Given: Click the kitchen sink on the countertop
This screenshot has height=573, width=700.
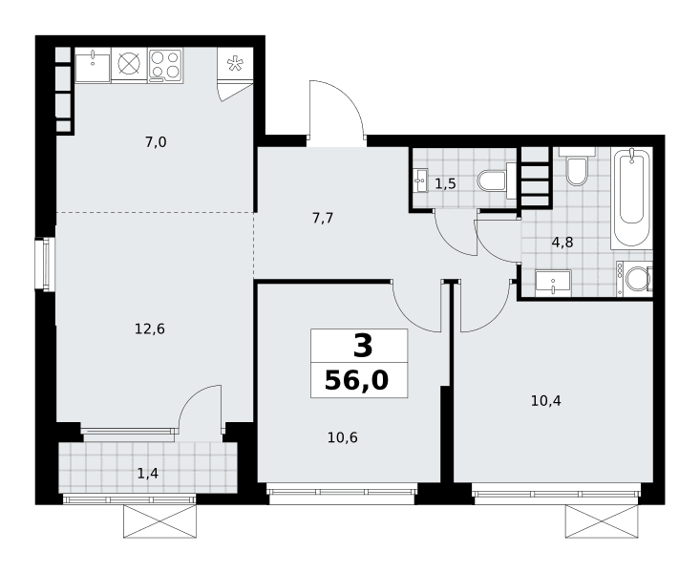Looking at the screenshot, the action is (93, 66).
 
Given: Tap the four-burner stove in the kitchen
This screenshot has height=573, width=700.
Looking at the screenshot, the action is (165, 65).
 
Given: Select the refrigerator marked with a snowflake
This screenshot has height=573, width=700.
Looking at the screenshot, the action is (235, 64).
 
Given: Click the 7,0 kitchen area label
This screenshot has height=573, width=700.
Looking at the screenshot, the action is (156, 142).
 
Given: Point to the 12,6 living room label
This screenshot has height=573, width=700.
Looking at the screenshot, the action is (150, 329).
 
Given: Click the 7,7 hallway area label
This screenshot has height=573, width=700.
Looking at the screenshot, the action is (323, 219).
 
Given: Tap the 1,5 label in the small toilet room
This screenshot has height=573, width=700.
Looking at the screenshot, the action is (446, 183).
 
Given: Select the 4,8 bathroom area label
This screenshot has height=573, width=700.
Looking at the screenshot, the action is (562, 243).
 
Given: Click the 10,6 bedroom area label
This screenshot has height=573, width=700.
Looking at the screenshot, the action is (343, 437).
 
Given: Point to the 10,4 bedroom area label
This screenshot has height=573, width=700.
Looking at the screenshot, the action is (546, 401).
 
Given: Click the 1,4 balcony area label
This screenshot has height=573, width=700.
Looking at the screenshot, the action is (148, 474).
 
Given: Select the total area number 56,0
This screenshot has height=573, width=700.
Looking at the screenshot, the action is (357, 381).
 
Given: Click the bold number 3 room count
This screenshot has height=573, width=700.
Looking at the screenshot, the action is (363, 347).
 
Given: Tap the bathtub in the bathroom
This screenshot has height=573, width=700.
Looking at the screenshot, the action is (631, 198).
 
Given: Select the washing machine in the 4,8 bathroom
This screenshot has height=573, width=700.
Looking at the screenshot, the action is (634, 279).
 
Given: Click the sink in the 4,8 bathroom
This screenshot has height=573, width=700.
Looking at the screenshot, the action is (553, 283).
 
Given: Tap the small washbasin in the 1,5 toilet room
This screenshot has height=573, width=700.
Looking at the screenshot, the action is (420, 180).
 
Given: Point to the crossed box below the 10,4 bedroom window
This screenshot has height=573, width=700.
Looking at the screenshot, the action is (602, 521).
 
